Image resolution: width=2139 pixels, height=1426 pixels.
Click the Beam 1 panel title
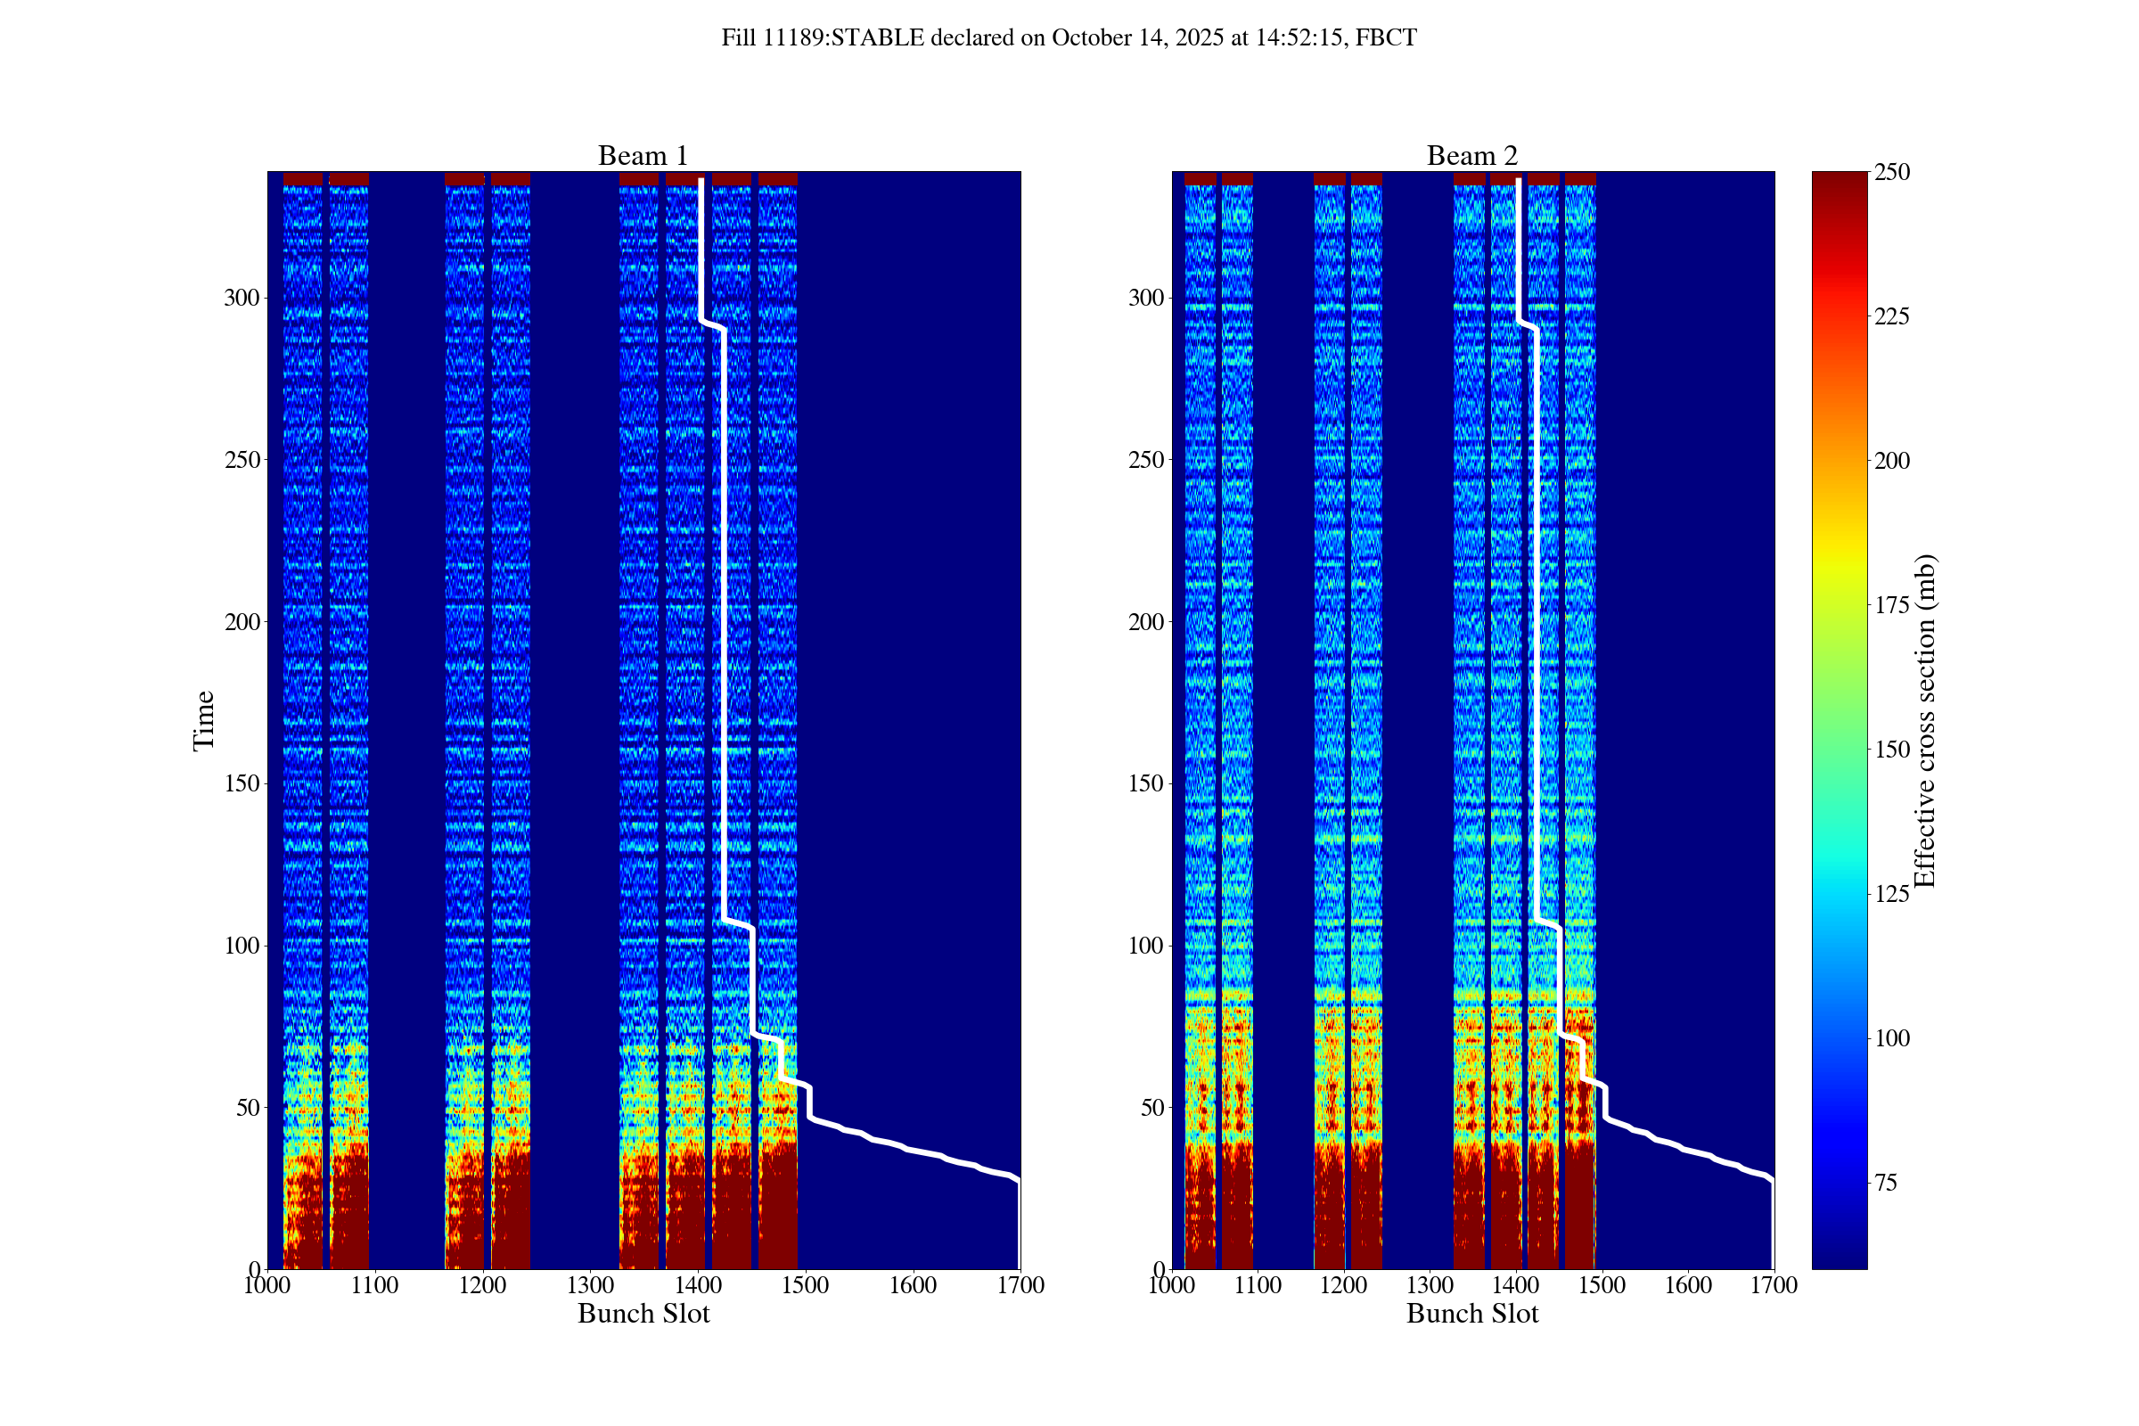coord(642,155)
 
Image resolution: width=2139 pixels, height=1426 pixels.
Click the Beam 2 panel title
coord(1471,155)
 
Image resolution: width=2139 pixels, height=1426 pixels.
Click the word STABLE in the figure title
coord(878,38)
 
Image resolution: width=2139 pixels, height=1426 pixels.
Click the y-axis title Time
coord(204,720)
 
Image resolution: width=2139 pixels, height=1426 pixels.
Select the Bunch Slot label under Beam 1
coord(643,1313)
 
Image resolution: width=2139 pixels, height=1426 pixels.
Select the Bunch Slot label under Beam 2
coord(1472,1313)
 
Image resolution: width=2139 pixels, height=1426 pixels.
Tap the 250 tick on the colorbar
coord(1891,172)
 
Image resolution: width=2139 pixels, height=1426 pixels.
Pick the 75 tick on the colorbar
coord(1886,1183)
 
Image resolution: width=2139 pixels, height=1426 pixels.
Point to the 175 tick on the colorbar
coord(1891,605)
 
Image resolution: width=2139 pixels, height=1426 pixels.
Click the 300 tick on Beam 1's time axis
coord(241,299)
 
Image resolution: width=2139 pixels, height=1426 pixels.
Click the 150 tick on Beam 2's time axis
coord(1146,784)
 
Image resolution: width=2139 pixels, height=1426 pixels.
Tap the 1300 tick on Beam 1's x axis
coord(590,1285)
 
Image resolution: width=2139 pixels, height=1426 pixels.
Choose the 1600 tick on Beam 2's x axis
coord(1688,1285)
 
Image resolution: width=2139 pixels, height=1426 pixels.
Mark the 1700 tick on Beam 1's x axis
coord(1020,1285)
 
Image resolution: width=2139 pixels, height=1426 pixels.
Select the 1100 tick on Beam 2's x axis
coord(1258,1285)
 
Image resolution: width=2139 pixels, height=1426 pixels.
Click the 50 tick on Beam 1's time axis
coord(248,1108)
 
